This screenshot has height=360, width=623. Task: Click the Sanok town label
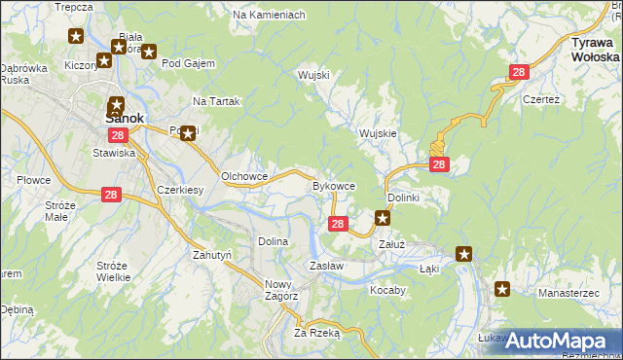pyautogui.click(x=124, y=119)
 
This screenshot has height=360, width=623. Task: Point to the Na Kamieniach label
pyautogui.click(x=270, y=16)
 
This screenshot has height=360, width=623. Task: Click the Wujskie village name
pyautogui.click(x=377, y=133)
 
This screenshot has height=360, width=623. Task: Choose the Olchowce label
pyautogui.click(x=243, y=176)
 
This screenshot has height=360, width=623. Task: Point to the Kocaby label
pyautogui.click(x=387, y=290)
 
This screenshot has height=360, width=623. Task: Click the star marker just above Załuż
pyautogui.click(x=384, y=219)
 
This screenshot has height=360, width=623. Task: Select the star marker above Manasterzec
pyautogui.click(x=502, y=288)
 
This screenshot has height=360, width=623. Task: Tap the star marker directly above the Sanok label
pyautogui.click(x=117, y=104)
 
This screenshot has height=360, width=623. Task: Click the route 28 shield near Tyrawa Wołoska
pyautogui.click(x=519, y=72)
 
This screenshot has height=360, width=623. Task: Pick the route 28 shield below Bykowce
pyautogui.click(x=337, y=225)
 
